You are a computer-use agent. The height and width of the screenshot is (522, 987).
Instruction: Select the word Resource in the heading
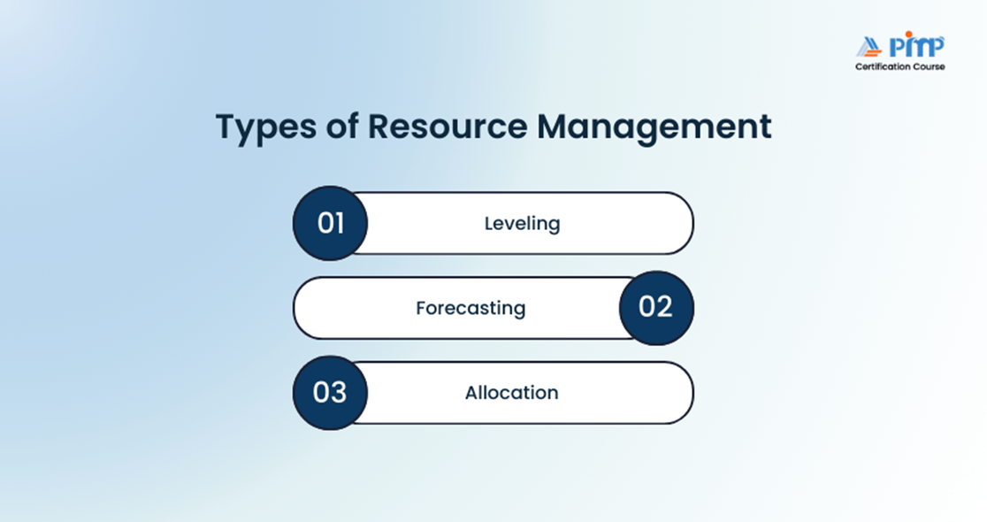[x=447, y=127]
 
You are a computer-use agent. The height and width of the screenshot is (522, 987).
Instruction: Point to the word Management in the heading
[x=654, y=127]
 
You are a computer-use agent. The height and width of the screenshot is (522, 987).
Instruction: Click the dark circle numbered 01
[x=330, y=223]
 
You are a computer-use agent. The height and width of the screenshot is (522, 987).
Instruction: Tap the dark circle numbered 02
[x=656, y=307]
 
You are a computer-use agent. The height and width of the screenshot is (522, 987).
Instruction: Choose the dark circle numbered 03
[x=330, y=392]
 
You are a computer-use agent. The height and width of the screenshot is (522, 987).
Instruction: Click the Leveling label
[x=522, y=224]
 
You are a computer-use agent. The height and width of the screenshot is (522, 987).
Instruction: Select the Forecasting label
[x=471, y=308]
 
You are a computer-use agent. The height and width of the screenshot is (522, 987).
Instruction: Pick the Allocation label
[x=511, y=393]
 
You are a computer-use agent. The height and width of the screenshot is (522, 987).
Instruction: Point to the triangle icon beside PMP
[x=868, y=48]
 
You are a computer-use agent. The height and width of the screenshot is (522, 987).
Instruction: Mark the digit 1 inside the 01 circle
[x=340, y=223]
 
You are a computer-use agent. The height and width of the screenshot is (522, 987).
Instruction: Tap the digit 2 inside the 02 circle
[x=665, y=307]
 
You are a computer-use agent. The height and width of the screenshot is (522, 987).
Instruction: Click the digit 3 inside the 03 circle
[x=339, y=392]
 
